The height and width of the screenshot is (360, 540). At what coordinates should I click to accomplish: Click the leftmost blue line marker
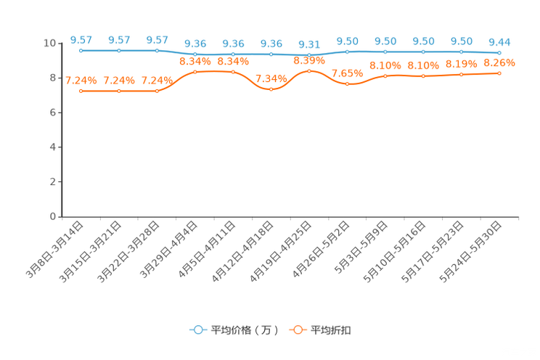point(81,51)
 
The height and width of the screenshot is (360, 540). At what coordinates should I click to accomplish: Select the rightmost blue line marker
point(499,53)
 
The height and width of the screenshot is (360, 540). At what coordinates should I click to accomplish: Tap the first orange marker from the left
point(81,91)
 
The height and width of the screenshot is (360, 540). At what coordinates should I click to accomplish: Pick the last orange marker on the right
point(499,73)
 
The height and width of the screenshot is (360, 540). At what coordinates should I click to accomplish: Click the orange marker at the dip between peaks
point(271,89)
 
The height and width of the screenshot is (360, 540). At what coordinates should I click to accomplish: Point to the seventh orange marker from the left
point(309,70)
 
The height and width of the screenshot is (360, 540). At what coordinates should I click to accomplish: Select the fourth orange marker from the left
point(195,72)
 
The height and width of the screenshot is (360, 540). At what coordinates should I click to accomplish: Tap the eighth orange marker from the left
point(348,83)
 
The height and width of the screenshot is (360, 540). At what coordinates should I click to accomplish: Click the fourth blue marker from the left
point(195,54)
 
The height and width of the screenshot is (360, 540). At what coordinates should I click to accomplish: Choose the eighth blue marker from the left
point(348,52)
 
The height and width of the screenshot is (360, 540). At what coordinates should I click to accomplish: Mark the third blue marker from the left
point(157,51)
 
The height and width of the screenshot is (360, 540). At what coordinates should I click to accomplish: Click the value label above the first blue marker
point(81,40)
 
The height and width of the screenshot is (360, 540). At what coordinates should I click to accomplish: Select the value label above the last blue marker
point(499,41)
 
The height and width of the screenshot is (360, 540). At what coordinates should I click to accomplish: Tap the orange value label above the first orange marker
point(80,80)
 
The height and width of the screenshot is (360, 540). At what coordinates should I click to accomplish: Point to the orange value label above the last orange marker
point(499,62)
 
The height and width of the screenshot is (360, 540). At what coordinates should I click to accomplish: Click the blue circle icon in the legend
point(197,330)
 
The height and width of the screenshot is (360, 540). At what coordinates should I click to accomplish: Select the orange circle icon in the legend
point(298,330)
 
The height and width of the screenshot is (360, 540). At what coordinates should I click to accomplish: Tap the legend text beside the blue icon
point(244,330)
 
